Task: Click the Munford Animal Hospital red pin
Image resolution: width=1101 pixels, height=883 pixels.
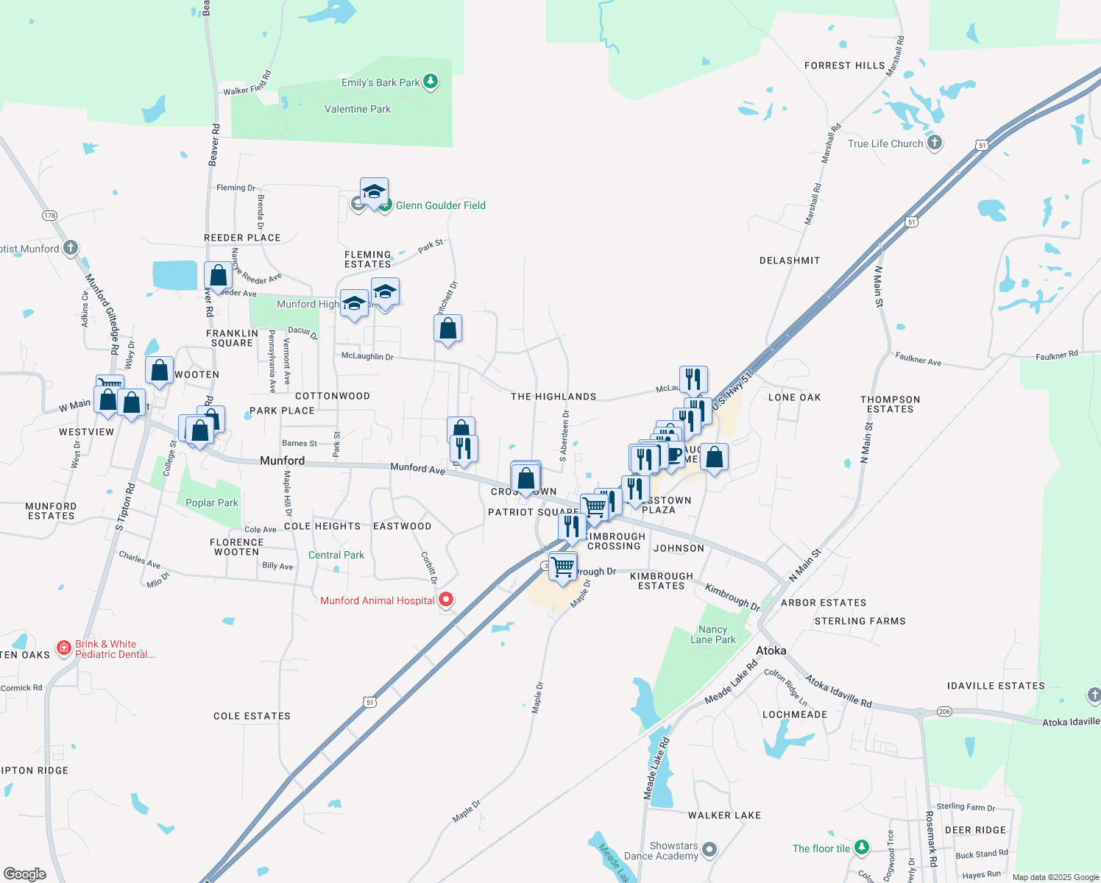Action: point(446,600)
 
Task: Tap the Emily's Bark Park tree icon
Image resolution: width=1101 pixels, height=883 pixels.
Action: point(431,82)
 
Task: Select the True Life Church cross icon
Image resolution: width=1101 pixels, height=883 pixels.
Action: point(934,143)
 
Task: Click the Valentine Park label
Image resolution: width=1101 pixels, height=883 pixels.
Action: point(358,109)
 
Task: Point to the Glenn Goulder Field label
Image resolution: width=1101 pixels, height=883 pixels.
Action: point(440,205)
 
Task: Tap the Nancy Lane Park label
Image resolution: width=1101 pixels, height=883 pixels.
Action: point(712,634)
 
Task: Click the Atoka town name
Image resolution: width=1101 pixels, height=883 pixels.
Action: point(771,650)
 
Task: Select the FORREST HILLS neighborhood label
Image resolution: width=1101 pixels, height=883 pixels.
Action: point(844,65)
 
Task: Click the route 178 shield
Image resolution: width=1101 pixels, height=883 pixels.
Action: point(49,216)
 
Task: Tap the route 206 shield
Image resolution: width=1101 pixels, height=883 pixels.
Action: point(944,712)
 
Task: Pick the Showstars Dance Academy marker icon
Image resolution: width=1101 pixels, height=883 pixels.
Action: point(709,850)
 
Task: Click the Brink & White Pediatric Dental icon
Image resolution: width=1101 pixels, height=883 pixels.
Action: point(64,648)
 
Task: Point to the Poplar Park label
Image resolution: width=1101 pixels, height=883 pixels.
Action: point(211,503)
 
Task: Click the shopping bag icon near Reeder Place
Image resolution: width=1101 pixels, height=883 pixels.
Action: point(218,276)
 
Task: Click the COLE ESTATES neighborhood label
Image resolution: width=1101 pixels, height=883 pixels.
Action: point(252,716)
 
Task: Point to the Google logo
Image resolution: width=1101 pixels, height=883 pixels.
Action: point(24,873)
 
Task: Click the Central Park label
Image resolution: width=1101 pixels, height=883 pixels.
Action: point(336,555)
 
